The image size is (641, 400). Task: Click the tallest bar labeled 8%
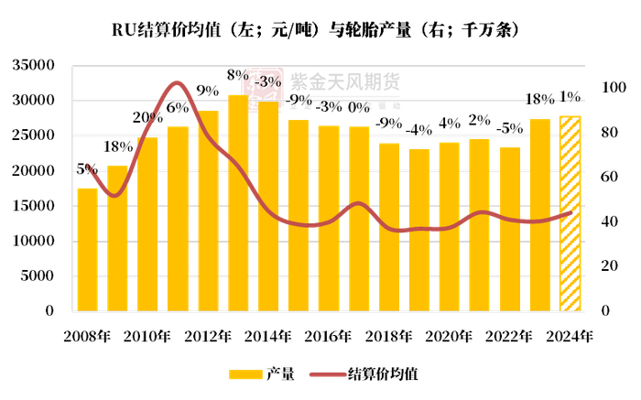(238, 202)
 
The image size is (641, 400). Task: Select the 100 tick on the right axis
(613, 88)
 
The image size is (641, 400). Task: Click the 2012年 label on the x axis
(207, 336)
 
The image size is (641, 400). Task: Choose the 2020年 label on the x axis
(450, 336)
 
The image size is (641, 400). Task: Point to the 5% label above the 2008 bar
(87, 169)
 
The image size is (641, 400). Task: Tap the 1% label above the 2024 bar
(570, 97)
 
